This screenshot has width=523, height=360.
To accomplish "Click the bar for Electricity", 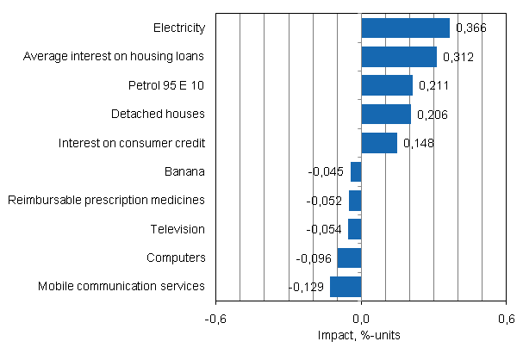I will (x=405, y=28).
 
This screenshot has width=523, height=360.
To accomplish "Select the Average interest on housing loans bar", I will (x=399, y=57).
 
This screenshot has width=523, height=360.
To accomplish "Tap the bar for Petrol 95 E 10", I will (x=387, y=85).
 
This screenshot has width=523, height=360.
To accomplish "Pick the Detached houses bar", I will (x=386, y=114).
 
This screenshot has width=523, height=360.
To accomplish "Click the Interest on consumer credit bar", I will (x=379, y=143).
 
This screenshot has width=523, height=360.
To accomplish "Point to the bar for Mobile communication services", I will (x=346, y=286).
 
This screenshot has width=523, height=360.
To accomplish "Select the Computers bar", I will (x=349, y=258).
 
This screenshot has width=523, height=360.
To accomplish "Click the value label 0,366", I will (x=471, y=28).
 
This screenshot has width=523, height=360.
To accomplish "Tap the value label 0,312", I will (x=458, y=58).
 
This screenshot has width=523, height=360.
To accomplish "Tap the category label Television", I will (x=176, y=229).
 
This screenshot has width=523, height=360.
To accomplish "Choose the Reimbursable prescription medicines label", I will (x=106, y=200).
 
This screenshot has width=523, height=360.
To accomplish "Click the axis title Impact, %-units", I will (x=361, y=335).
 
